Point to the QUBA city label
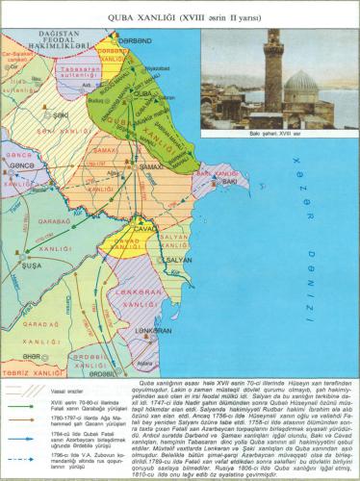[x=141, y=93]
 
